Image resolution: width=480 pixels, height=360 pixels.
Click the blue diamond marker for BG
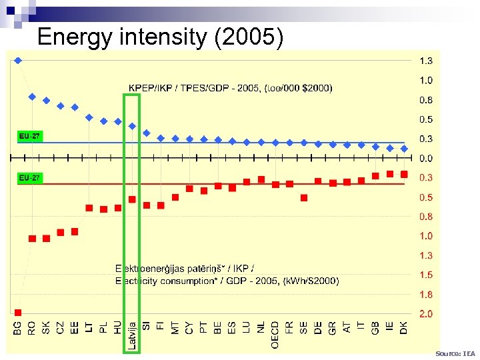[x=18, y=60]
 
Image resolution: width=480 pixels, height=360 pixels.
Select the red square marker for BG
[x=18, y=312]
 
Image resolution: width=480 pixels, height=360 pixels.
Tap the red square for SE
[x=304, y=197]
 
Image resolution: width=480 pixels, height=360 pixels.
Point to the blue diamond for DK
[x=404, y=149]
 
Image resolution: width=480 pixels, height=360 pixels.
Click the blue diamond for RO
[x=32, y=97]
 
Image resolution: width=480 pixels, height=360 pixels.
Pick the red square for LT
[x=89, y=208]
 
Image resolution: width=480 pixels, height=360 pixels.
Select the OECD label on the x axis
[x=275, y=333]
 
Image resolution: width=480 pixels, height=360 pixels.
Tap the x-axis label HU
[x=118, y=327]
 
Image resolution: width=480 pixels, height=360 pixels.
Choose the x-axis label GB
[x=375, y=327]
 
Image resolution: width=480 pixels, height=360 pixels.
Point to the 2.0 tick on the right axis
[x=425, y=313]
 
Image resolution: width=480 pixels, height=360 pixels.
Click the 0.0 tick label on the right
[x=425, y=159]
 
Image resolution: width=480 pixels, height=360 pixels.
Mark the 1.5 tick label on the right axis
[x=425, y=275]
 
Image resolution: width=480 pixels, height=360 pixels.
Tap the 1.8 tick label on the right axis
[x=425, y=294]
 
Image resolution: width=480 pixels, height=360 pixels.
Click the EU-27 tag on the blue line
[x=29, y=136]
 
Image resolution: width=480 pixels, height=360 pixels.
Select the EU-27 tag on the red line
[x=29, y=179]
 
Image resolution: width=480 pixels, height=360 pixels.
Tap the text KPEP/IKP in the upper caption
[x=151, y=87]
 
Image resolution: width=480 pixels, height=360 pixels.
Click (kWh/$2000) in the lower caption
[x=311, y=281]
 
